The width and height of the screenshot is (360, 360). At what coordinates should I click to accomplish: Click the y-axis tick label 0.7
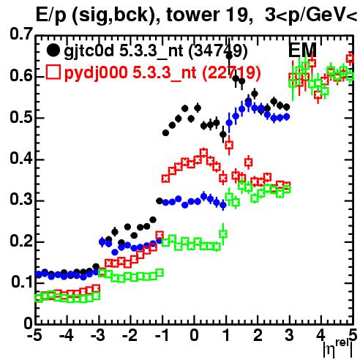click(21, 34)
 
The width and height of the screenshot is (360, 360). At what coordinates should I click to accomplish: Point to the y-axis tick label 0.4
click(21, 158)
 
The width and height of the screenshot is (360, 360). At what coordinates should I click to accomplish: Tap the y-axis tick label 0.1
click(22, 282)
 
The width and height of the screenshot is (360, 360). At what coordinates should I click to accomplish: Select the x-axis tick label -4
click(67, 335)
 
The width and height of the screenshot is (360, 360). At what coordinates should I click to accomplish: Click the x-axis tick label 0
click(194, 335)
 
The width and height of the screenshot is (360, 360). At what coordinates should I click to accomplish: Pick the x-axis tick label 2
click(258, 335)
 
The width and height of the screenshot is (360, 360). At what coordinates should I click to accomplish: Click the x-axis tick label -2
click(130, 335)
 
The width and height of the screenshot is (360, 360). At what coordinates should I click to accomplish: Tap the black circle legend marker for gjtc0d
click(53, 50)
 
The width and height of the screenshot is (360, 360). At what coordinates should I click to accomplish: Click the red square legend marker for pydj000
click(53, 72)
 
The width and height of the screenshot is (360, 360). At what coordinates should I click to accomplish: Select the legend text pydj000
click(96, 72)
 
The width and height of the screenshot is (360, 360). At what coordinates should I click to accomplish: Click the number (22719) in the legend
click(231, 72)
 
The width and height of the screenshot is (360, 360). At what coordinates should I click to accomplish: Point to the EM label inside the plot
click(302, 50)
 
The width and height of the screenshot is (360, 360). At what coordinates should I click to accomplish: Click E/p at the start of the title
click(50, 16)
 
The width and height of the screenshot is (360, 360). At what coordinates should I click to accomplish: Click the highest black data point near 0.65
click(229, 56)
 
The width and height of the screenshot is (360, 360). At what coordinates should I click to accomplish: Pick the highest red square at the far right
click(350, 59)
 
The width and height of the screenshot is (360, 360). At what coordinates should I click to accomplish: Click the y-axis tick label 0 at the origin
click(29, 323)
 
